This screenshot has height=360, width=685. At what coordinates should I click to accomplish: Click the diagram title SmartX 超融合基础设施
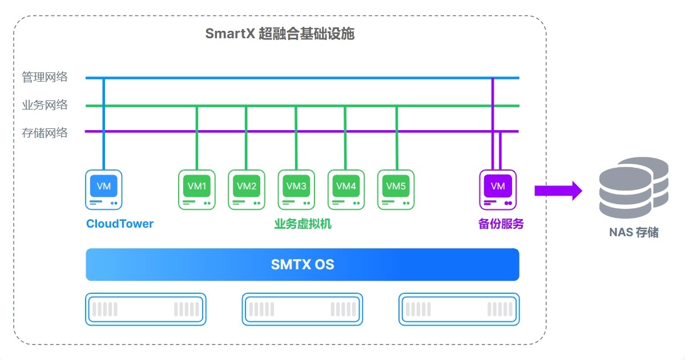[280, 34]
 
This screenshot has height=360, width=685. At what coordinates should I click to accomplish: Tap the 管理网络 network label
[45, 77]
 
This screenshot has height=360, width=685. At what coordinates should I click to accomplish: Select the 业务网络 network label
[45, 105]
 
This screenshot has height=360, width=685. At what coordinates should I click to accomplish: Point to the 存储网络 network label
[45, 133]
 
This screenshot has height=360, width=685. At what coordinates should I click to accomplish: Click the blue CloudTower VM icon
[104, 189]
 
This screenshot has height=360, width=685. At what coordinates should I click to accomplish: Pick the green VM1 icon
[197, 189]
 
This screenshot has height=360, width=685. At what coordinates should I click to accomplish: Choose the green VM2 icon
[247, 189]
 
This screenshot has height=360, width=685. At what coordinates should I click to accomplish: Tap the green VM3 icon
[296, 189]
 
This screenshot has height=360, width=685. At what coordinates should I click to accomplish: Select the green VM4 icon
[346, 189]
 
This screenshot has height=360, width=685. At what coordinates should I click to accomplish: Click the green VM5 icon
[396, 189]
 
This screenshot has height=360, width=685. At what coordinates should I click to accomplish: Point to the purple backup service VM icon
[498, 189]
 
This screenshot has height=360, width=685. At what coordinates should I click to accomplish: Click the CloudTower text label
[120, 224]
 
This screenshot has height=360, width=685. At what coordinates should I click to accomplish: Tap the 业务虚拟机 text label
[303, 224]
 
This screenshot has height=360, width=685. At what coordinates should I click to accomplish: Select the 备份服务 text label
[501, 224]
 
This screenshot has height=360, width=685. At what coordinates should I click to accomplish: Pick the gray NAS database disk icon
[634, 186]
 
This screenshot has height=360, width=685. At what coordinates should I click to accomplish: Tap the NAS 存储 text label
[634, 233]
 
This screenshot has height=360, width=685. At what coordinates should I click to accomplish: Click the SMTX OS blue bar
[302, 265]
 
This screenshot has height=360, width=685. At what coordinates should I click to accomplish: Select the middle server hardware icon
[302, 309]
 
